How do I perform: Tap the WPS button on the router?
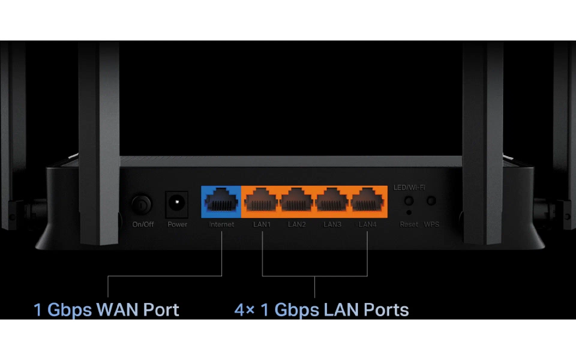pyautogui.click(x=431, y=200)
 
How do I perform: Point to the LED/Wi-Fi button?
pyautogui.click(x=409, y=201)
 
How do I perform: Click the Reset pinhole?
pyautogui.click(x=409, y=213)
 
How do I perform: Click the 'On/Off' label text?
pyautogui.click(x=143, y=224)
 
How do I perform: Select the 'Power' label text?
pyautogui.click(x=177, y=224)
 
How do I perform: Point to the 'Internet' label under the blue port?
pyautogui.click(x=221, y=224)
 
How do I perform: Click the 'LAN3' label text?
pyautogui.click(x=332, y=224)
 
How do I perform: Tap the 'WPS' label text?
pyautogui.click(x=431, y=224)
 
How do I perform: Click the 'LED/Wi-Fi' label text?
pyautogui.click(x=409, y=187)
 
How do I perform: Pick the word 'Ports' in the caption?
pyautogui.click(x=386, y=310)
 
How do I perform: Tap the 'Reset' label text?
pyautogui.click(x=409, y=224)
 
